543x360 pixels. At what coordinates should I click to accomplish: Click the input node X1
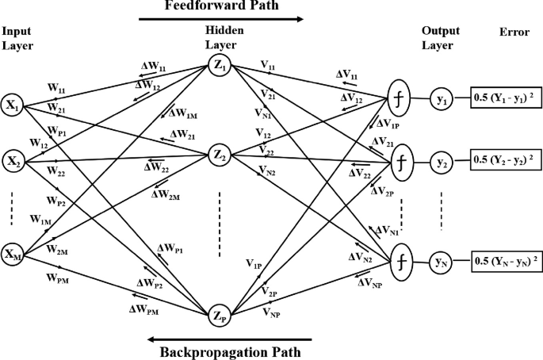pyautogui.click(x=12, y=105)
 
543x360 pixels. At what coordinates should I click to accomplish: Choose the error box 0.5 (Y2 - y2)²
pyautogui.click(x=505, y=159)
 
